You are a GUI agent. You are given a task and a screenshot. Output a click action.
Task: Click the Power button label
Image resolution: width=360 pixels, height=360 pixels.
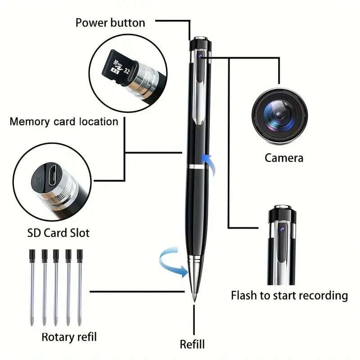[x=110, y=22]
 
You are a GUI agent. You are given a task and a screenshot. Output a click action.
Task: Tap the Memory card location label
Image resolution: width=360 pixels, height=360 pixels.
[x=64, y=121]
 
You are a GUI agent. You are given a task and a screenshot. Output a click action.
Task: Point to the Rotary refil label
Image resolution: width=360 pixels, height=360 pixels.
[x=69, y=337]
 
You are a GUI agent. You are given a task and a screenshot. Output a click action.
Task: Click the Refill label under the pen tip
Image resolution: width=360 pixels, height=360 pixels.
[x=192, y=344]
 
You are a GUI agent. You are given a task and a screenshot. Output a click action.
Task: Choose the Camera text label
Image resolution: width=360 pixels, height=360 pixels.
[x=283, y=158]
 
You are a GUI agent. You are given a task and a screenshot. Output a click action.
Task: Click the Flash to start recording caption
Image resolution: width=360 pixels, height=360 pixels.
[x=289, y=296]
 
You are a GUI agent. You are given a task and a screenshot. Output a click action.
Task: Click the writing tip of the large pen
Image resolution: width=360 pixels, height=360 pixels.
[x=194, y=297]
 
